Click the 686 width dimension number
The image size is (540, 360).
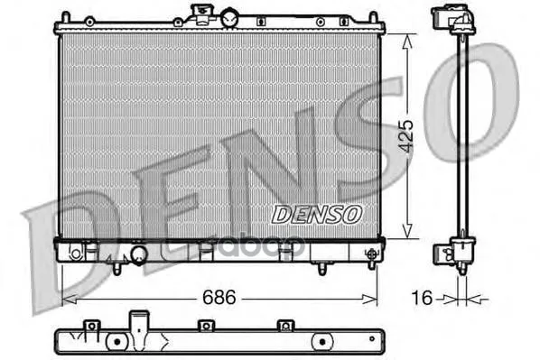[x=219, y=297]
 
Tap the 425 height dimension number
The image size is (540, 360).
[x=406, y=136]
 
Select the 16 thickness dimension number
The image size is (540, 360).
[x=422, y=298]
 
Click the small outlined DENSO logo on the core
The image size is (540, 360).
[x=317, y=214]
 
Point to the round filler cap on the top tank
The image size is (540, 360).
[x=229, y=18]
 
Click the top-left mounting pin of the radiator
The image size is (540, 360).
[x=65, y=18]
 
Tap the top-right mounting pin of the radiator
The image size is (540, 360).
[x=373, y=18]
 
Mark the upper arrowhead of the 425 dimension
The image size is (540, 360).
[x=407, y=42]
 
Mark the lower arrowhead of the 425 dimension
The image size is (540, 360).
[x=407, y=231]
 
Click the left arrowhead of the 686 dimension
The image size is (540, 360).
[x=69, y=299]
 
